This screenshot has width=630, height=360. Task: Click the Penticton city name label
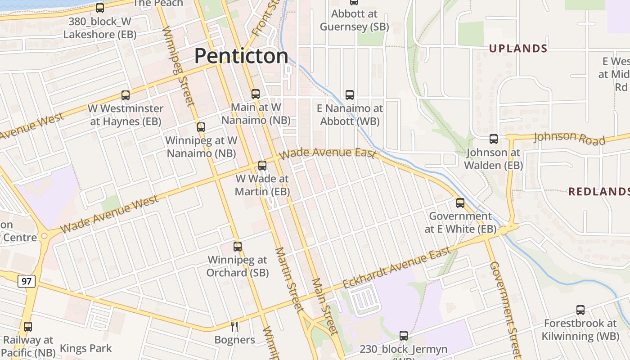pos(241,56)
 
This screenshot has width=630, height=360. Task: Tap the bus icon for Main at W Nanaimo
pos(256,94)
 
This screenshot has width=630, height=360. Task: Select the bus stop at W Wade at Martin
pos(262,166)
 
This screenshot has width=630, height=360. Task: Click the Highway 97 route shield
pos(27,281)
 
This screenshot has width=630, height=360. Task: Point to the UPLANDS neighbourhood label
pos(518,49)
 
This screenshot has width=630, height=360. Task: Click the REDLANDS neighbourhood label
pos(598,192)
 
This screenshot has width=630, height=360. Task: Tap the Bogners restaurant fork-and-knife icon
pos(234,327)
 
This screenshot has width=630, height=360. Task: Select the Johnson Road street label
pos(569,138)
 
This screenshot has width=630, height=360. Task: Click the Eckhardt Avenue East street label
pos(396,268)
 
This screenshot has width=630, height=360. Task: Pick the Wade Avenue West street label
pos(109,214)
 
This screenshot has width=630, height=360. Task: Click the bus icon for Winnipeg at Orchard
pos(238,247)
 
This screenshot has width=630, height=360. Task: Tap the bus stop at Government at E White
pos(460,203)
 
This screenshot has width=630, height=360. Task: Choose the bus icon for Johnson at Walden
pos(494,139)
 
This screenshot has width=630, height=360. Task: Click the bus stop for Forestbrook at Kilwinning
pos(580,310)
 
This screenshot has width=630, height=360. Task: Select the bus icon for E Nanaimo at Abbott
pos(350,95)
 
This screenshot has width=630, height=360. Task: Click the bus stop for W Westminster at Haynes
pos(126,95)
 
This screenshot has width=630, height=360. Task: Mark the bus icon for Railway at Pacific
pos(28,327)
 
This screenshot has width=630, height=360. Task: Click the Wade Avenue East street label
pos(327,153)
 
